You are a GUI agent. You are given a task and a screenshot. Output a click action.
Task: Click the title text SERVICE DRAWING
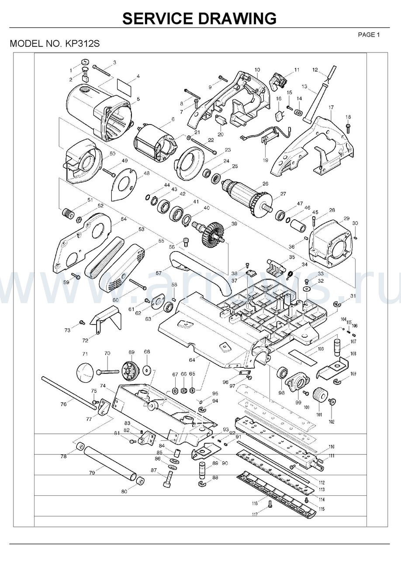[199, 18]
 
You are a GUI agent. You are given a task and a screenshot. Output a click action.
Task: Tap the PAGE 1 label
[369, 35]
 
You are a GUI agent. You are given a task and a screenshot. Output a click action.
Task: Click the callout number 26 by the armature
[265, 183]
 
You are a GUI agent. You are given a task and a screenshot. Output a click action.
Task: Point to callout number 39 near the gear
[234, 224]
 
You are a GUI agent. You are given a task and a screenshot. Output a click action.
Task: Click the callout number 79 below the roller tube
[92, 473]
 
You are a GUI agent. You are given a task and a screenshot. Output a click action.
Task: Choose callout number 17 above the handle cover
[331, 107]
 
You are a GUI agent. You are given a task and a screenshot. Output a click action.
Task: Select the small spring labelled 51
[68, 214]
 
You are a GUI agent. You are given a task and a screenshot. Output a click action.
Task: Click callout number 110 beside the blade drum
[332, 447]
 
